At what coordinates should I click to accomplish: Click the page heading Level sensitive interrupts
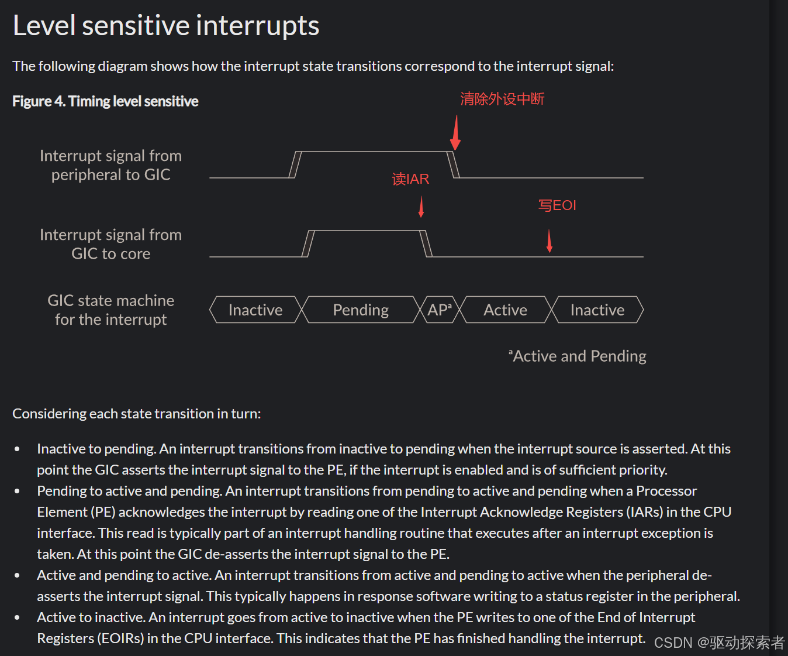[166, 26]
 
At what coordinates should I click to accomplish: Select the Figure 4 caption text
[105, 101]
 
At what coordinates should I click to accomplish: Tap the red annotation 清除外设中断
[502, 99]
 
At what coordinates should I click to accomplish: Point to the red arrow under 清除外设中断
[455, 132]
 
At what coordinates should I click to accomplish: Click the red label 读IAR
[410, 179]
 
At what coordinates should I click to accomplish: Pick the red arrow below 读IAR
[421, 207]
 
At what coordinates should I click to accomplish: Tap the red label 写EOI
[557, 205]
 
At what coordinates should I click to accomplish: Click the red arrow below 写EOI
[549, 241]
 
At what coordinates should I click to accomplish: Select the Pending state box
[361, 310]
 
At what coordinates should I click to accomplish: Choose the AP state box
[440, 310]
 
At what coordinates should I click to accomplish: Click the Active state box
[505, 310]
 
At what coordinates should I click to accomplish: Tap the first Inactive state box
[255, 310]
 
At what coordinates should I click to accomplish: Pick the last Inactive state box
[597, 310]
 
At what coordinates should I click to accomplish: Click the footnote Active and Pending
[578, 356]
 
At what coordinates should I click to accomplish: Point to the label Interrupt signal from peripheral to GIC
[111, 165]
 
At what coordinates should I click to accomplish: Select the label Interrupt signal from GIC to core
[111, 244]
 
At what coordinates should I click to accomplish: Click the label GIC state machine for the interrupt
[111, 310]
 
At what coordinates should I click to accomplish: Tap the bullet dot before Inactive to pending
[18, 449]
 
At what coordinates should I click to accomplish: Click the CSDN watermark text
[719, 643]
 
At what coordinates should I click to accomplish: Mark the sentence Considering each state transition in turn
[137, 414]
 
